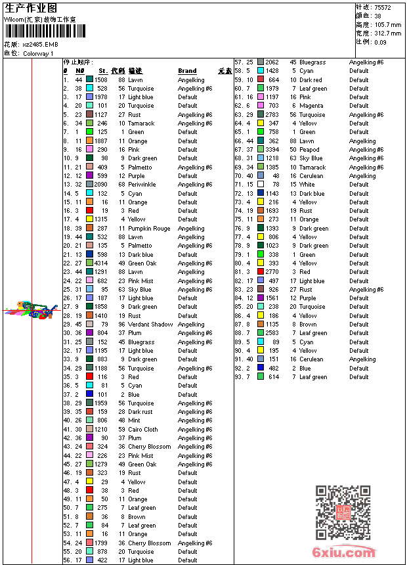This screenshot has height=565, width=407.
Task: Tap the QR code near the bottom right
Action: pos(343,512)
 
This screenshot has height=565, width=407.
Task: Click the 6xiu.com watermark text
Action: pos(345,553)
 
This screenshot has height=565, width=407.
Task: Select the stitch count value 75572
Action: pos(383,7)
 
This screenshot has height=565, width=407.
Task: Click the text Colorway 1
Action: pos(39,53)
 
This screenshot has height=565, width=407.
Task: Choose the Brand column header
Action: pos(187,71)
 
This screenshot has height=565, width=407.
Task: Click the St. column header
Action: pos(103,71)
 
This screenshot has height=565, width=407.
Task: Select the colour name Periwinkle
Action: pos(142,185)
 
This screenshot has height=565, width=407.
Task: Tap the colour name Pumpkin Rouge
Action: pos(149,229)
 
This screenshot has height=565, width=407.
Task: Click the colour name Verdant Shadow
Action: pos(150,325)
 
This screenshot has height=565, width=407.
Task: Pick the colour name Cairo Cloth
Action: pos(143,430)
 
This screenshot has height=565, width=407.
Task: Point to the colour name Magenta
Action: pos(311,106)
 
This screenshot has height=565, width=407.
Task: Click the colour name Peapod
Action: pos(310,150)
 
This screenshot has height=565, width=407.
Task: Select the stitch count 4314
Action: pos(101,263)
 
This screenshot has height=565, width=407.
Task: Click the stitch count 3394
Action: pos(272,150)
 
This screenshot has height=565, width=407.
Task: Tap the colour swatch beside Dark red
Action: pos(261,79)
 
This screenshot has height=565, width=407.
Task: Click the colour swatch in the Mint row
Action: pos(89,420)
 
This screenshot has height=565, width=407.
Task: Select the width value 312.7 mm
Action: pos(387,33)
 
